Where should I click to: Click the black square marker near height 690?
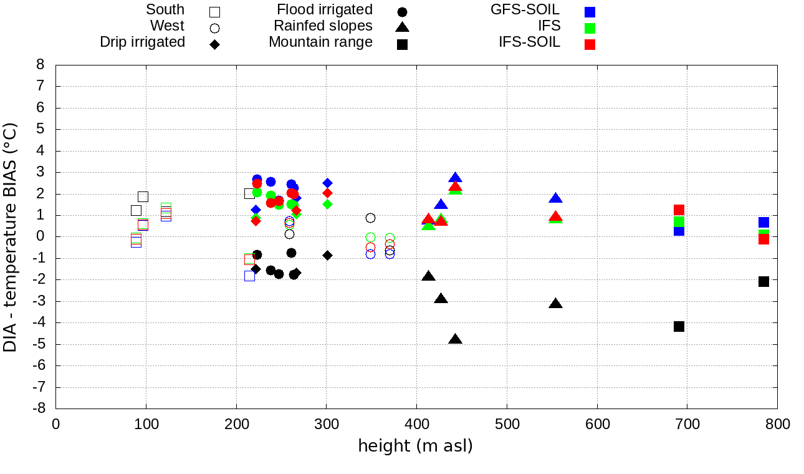tap(679, 326)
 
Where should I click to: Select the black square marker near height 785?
tap(763, 281)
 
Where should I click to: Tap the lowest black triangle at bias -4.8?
tap(455, 339)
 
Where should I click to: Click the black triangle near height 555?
tap(555, 304)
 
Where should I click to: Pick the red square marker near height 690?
tap(679, 210)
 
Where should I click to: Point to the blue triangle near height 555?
tap(555, 198)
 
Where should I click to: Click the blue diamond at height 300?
tap(327, 183)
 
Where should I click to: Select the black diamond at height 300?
tap(327, 255)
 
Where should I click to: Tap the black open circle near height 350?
tap(370, 218)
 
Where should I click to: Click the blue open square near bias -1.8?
tap(249, 276)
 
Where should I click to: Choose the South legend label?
tap(165, 10)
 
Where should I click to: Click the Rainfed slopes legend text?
tap(323, 26)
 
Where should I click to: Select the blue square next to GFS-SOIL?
tap(590, 11)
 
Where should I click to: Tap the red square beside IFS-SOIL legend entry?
tap(590, 44)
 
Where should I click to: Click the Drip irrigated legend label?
tap(142, 42)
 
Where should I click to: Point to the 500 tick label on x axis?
tap(507, 425)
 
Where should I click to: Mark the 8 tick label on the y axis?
tap(41, 65)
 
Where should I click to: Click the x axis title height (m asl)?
tap(415, 447)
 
